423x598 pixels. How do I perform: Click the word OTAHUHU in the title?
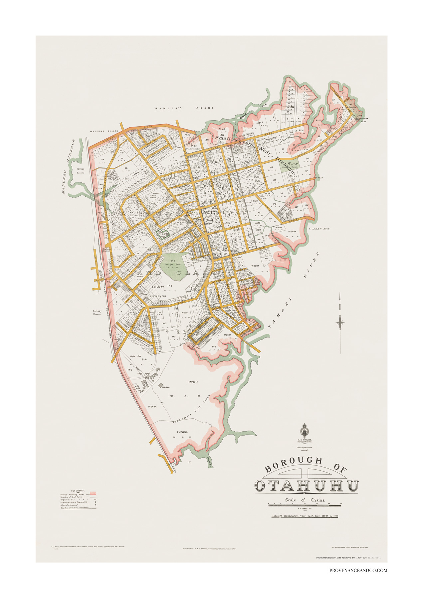(307, 486)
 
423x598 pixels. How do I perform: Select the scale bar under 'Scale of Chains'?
(305, 505)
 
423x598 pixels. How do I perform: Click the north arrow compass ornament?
(340, 321)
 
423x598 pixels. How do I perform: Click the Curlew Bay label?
(319, 229)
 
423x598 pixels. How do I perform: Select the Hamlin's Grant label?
(185, 108)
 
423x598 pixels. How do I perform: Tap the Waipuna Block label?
(104, 131)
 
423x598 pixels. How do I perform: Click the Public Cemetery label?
(193, 149)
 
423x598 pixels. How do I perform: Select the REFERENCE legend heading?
(78, 491)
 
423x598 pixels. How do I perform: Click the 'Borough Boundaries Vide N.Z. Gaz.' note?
(305, 516)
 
